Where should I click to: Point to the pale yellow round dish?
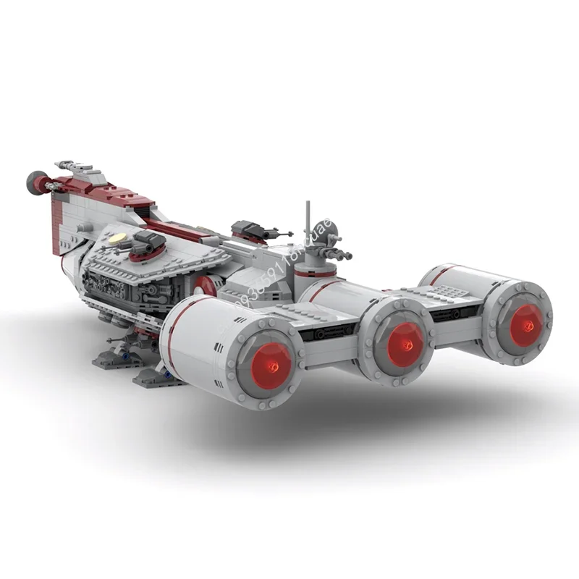[x=118, y=238]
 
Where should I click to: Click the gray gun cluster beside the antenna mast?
[x=337, y=253]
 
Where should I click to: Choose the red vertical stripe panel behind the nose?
[x=56, y=225]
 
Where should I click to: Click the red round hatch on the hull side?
[x=205, y=284]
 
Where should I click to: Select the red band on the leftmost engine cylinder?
[x=174, y=326]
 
